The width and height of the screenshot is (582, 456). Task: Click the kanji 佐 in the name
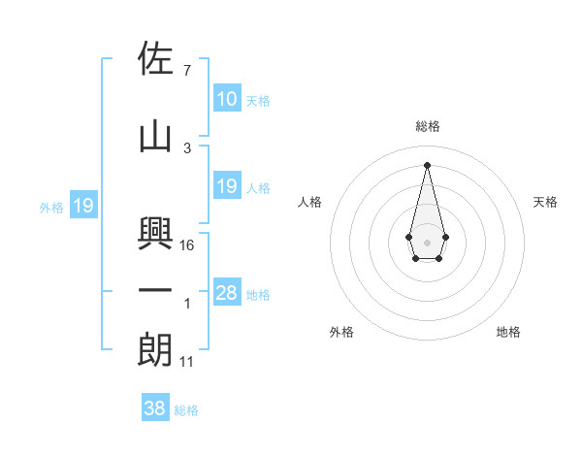[155, 60]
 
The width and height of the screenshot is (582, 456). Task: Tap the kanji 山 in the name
[155, 137]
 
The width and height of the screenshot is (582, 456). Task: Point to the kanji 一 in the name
[155, 291]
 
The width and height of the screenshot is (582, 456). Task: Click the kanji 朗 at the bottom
[155, 349]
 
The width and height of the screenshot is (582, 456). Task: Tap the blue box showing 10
[226, 99]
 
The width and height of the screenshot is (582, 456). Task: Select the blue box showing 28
[226, 293]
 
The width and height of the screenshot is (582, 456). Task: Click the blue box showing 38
[155, 409]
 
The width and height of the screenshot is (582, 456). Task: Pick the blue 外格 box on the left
[82, 206]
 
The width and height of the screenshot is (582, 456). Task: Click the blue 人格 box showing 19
[226, 186]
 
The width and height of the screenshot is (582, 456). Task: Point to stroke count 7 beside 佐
[186, 71]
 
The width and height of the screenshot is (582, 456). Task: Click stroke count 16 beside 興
[187, 245]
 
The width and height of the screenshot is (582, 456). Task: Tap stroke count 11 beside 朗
[187, 362]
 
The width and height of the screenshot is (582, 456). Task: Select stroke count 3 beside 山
[186, 148]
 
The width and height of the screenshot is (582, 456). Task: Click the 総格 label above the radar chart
[427, 126]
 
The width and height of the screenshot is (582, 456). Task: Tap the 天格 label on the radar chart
[545, 202]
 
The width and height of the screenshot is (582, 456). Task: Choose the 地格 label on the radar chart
[508, 332]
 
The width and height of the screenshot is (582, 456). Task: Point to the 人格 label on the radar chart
[309, 202]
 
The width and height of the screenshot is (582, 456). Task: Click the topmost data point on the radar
[427, 165]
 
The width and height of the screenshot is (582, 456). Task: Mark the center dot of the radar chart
[427, 241]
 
